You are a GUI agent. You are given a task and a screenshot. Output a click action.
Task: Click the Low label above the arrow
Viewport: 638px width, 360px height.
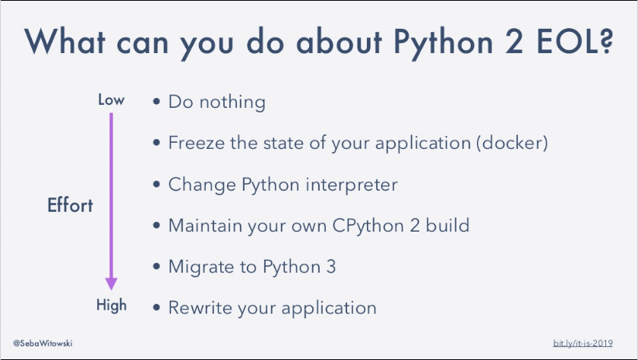111,100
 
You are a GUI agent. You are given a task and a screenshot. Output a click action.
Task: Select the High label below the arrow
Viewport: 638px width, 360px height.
111,305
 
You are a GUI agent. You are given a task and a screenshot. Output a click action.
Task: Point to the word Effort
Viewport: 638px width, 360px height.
71,205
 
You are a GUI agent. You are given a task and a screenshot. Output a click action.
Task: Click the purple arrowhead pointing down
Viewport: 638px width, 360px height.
111,282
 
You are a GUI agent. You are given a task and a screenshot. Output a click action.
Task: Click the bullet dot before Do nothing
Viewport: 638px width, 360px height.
156,102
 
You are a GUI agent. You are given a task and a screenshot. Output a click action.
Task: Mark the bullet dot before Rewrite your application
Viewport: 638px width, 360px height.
156,308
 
